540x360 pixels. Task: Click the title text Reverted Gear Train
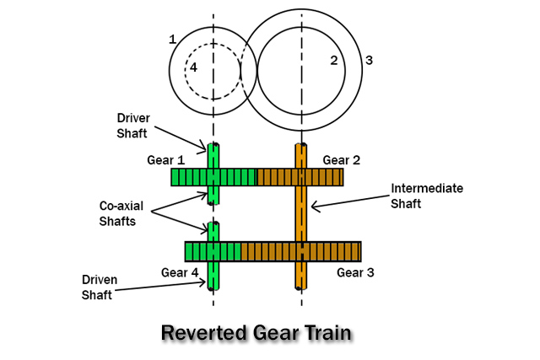[256, 332]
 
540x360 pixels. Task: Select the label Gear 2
[343, 160]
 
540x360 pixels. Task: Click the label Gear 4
[181, 272]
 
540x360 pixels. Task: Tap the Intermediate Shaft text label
[426, 196]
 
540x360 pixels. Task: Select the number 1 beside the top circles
[172, 40]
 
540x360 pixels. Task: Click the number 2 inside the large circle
[334, 60]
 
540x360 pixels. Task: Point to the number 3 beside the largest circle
[368, 60]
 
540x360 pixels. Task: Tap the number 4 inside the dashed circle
[193, 67]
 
